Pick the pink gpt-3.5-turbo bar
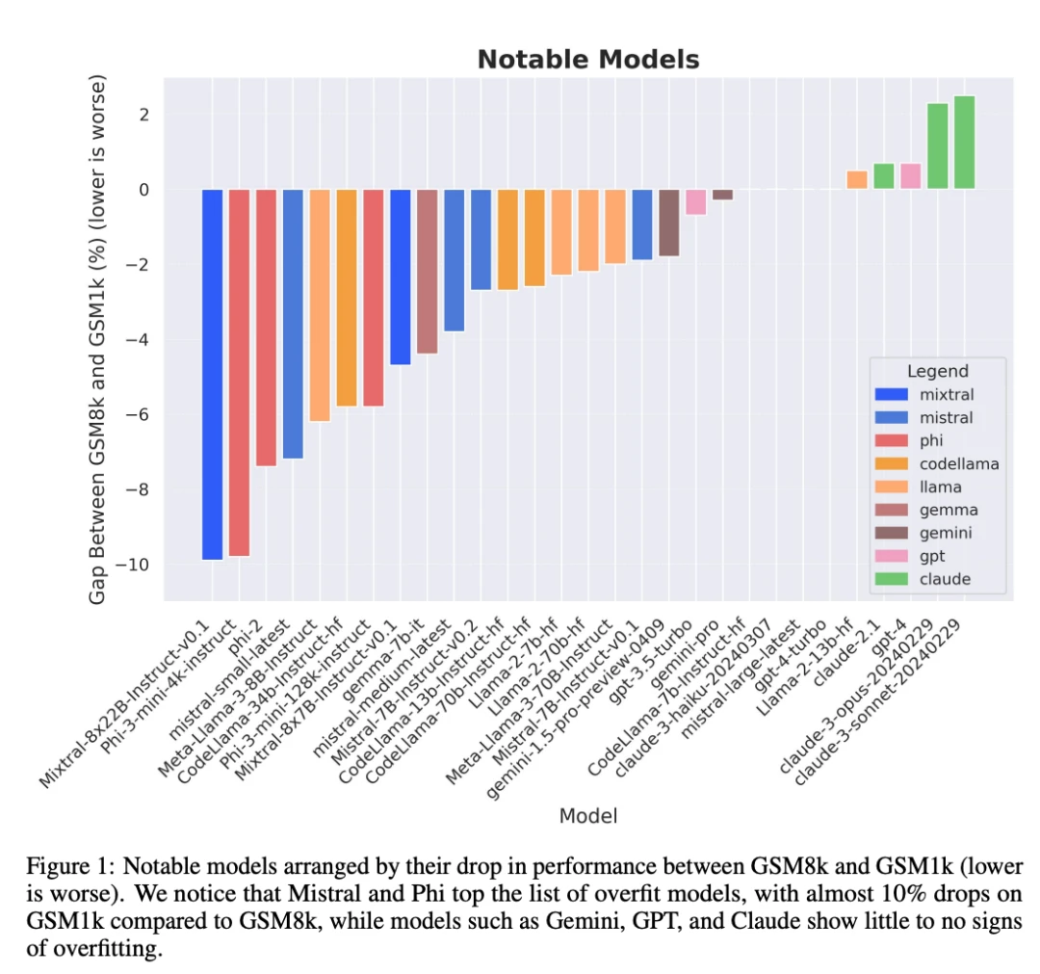[x=696, y=201]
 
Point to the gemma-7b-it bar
[x=428, y=271]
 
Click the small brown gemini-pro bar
[x=722, y=195]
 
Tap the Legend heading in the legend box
[x=937, y=371]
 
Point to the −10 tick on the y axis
[x=136, y=565]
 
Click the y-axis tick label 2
[x=143, y=115]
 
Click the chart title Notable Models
[x=588, y=60]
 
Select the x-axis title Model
[x=588, y=816]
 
